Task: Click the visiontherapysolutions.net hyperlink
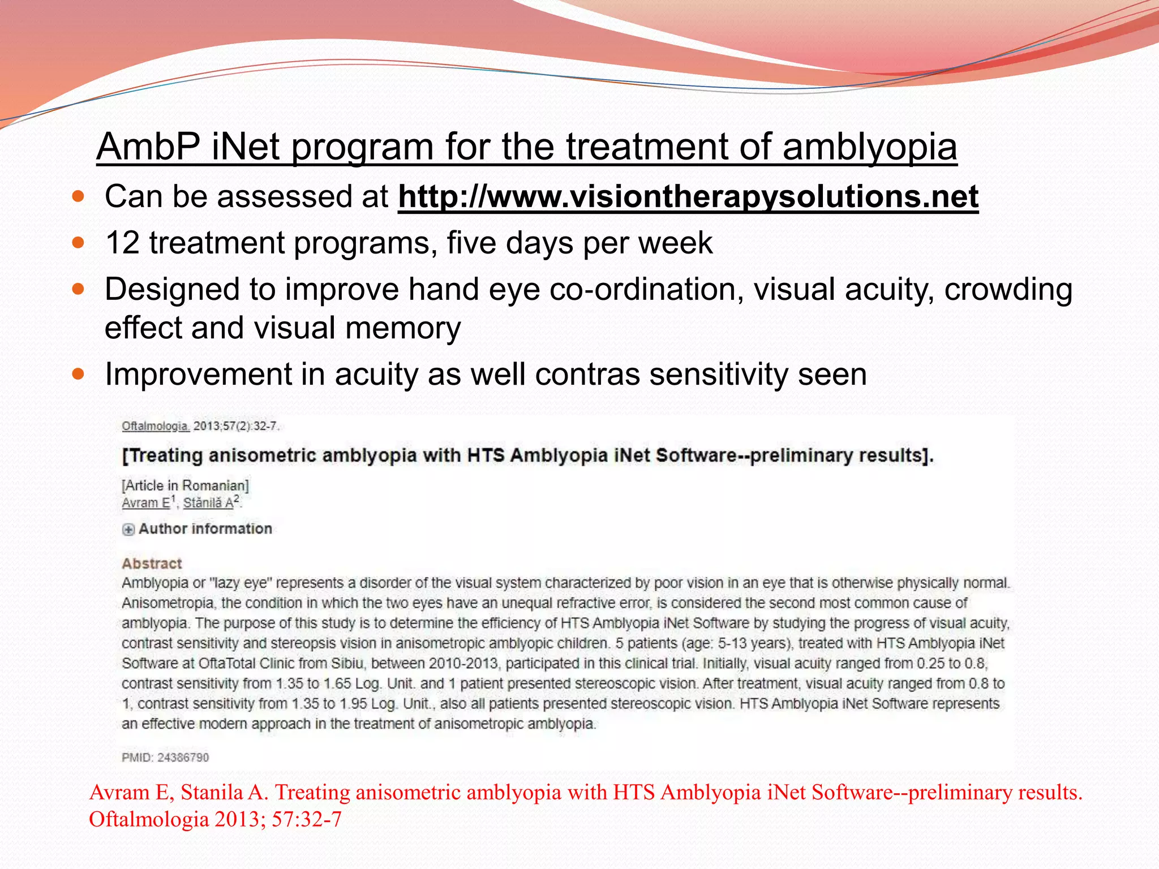pos(688,197)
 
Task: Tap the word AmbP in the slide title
pos(148,147)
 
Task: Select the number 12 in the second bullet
pos(122,243)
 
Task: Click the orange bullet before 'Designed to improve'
pos(78,290)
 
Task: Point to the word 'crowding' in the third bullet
pos(1008,290)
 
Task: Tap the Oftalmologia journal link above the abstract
pos(155,426)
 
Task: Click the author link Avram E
pos(146,502)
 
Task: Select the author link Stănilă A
pos(208,502)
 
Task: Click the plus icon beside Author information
pos(128,530)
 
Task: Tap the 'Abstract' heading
pos(152,563)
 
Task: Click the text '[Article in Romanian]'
pos(185,485)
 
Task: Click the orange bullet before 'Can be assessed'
pos(78,197)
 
